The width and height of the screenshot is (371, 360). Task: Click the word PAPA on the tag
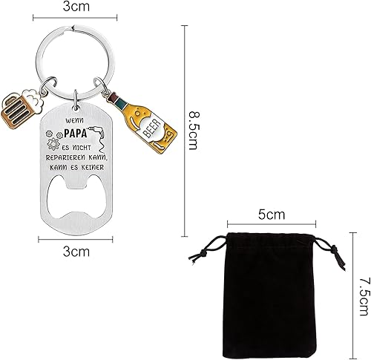tap(76, 133)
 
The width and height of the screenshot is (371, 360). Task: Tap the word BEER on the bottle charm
tap(152, 128)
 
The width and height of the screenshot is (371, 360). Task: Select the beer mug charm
tap(22, 108)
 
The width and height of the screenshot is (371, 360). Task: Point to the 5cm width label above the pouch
tap(272, 215)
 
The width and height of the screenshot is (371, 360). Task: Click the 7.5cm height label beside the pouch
tap(365, 297)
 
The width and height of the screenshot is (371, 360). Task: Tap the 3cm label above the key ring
tap(76, 7)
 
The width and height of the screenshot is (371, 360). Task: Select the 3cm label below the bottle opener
tap(76, 252)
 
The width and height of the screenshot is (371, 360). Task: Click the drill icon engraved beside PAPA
tap(99, 139)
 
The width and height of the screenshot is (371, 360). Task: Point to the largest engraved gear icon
tap(53, 144)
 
